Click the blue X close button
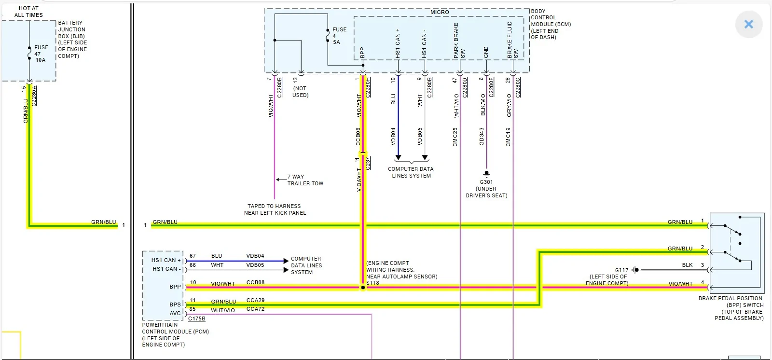[x=748, y=24]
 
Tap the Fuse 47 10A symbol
[x=29, y=54]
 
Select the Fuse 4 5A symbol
[x=328, y=36]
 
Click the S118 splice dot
[x=363, y=287]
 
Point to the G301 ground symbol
[x=486, y=173]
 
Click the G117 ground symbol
[x=635, y=270]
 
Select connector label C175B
[x=197, y=318]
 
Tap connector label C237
[x=368, y=164]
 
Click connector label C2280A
[x=34, y=96]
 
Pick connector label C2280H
[x=368, y=87]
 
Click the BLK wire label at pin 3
[x=687, y=265]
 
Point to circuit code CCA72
[x=255, y=309]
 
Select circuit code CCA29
[x=255, y=300]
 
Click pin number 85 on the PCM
[x=193, y=309]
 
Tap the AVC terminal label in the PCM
[x=175, y=313]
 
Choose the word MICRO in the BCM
[x=440, y=12]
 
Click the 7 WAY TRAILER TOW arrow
[x=281, y=180]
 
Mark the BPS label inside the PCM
[x=175, y=305]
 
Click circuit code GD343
[x=482, y=137]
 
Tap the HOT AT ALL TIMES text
[x=28, y=12]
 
